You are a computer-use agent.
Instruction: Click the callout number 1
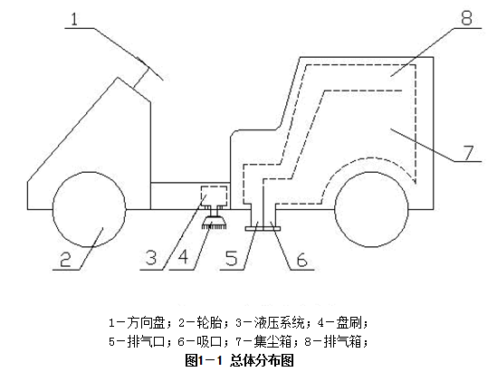point(74,19)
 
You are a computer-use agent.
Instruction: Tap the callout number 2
point(65,259)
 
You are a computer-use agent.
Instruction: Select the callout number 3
point(151,257)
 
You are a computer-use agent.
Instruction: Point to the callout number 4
point(184,257)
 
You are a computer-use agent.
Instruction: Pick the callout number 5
point(232,258)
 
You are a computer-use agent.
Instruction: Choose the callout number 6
point(302,260)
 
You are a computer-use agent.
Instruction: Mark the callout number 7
point(468,153)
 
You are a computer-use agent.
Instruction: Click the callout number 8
point(466,18)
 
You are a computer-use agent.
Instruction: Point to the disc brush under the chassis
point(215,222)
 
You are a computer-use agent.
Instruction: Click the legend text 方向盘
point(146,323)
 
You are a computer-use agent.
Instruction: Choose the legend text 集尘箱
point(272,342)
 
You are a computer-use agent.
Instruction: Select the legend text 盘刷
point(349,323)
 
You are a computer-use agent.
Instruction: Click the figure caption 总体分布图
point(262,360)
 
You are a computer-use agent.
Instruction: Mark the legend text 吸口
point(209,342)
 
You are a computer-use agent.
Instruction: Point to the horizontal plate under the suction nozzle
point(263,228)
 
